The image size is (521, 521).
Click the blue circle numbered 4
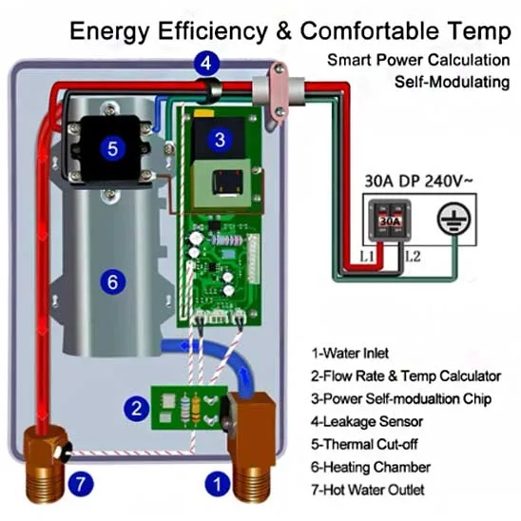click(x=206, y=63)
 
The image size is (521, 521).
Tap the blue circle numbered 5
click(x=112, y=148)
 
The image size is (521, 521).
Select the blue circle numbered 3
click(x=220, y=140)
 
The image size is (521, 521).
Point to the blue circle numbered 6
click(x=112, y=282)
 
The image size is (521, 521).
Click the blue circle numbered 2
click(x=137, y=409)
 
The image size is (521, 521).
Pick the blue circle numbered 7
click(x=81, y=484)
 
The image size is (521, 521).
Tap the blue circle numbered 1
click(x=218, y=484)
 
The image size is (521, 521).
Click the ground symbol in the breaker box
click(x=453, y=219)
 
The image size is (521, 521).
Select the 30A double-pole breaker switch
click(x=390, y=220)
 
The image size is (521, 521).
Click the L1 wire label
click(x=366, y=256)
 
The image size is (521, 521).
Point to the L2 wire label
click(x=413, y=256)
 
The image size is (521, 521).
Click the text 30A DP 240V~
click(x=418, y=181)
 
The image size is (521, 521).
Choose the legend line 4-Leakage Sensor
click(x=367, y=421)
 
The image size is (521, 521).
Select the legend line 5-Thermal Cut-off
click(x=364, y=444)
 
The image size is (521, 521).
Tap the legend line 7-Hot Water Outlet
click(x=368, y=490)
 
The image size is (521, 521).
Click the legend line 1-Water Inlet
click(x=350, y=353)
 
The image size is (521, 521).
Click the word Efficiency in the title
click(x=213, y=31)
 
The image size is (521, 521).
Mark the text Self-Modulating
click(x=452, y=82)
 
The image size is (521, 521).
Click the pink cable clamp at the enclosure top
click(x=278, y=94)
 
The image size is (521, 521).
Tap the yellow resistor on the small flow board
click(x=196, y=409)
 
